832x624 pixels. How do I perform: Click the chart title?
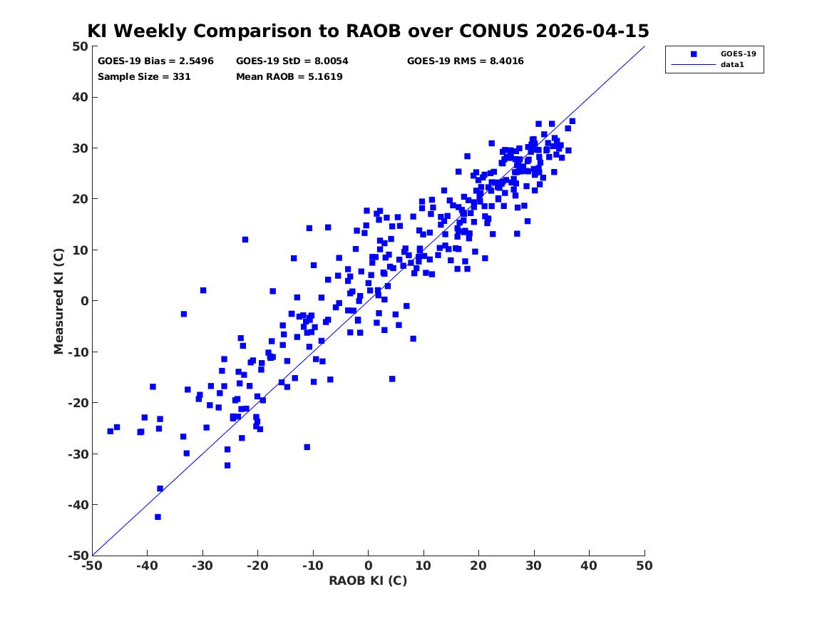pos(368,31)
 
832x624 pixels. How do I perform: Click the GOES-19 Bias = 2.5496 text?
pos(155,61)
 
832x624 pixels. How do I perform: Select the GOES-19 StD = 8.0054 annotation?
pos(292,61)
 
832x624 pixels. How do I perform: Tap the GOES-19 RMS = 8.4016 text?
pos(466,61)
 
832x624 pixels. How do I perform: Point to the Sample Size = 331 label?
pos(144,76)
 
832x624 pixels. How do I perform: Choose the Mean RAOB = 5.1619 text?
pos(289,76)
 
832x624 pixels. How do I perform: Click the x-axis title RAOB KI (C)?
pos(368,580)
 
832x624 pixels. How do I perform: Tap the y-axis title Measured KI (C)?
pos(58,301)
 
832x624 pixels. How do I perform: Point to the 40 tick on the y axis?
pos(80,97)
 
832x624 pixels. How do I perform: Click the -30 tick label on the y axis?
pos(78,454)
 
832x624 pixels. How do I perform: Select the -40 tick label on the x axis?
pos(147,566)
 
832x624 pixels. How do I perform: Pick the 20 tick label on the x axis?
pos(478,566)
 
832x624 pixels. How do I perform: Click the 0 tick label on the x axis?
pos(368,566)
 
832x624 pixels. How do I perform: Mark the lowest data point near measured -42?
pos(158,517)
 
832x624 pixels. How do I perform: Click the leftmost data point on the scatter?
pos(111,431)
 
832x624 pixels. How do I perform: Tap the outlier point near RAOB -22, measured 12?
pos(245,240)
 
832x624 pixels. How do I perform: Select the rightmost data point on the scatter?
pos(572,121)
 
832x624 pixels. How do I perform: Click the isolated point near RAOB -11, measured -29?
pos(307,447)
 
